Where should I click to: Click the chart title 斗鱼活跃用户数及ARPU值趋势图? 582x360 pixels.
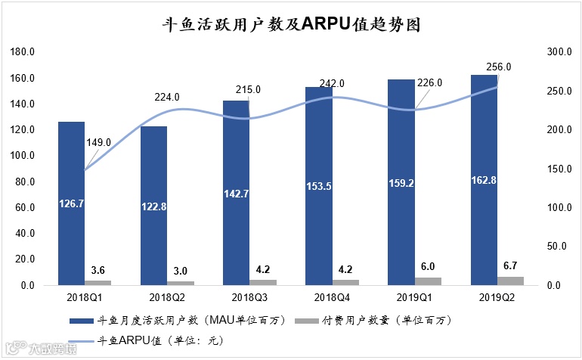tap(292, 25)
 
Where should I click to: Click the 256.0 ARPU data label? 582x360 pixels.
tap(498, 67)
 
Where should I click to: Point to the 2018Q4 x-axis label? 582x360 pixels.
tap(333, 297)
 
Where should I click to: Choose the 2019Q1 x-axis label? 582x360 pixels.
tap(415, 297)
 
